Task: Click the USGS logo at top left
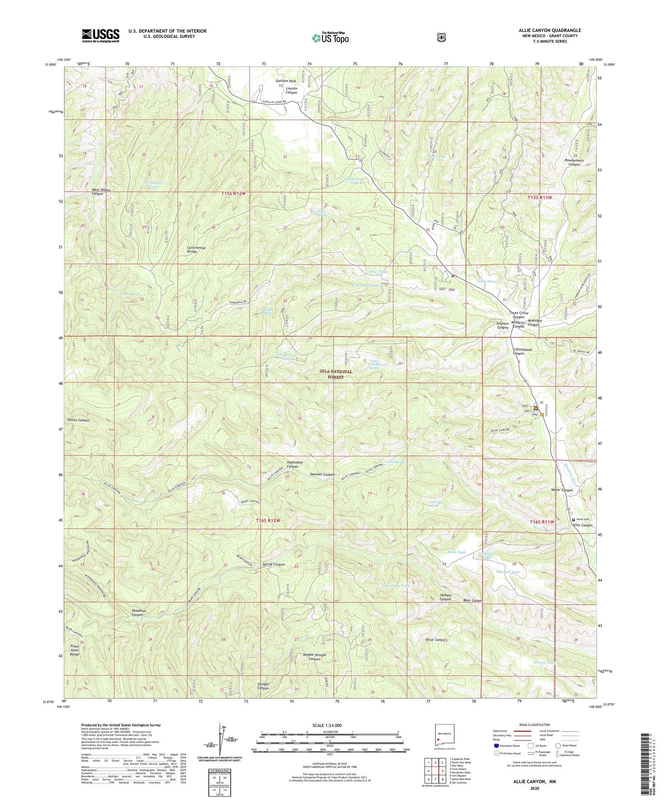100,36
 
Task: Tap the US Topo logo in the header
330,38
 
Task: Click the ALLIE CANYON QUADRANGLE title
550,30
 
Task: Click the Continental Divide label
196,250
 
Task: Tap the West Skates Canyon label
101,192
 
